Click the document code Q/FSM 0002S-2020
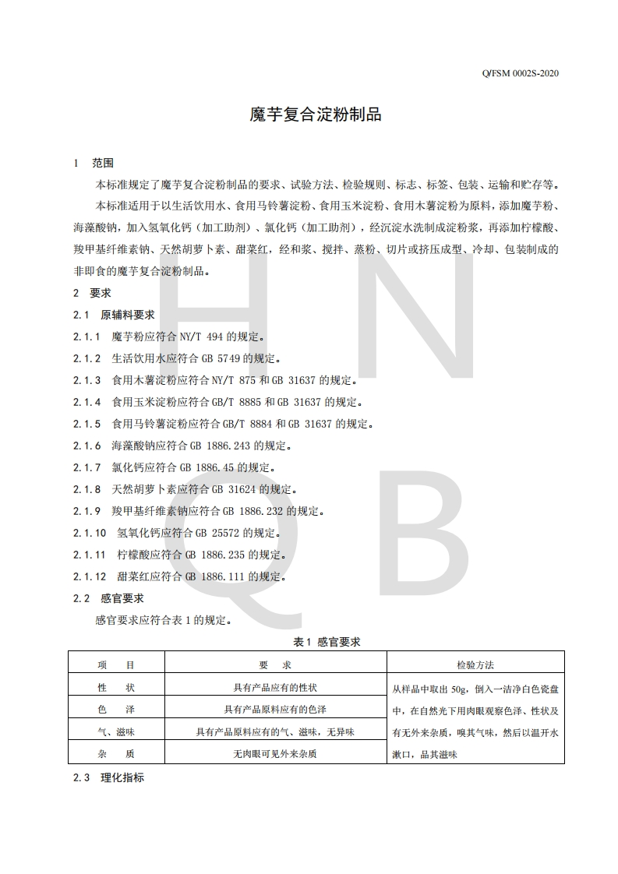tap(515, 74)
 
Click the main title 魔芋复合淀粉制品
tap(315, 115)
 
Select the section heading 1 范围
tap(93, 164)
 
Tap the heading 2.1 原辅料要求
tap(114, 315)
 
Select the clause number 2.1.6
tap(87, 446)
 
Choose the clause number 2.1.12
tap(90, 577)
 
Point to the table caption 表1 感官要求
tap(327, 642)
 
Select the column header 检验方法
tap(475, 665)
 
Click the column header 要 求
tap(274, 665)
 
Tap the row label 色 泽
tap(116, 710)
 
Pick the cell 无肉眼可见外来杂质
tap(275, 754)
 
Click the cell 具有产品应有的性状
tap(275, 688)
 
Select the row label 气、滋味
tap(116, 732)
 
